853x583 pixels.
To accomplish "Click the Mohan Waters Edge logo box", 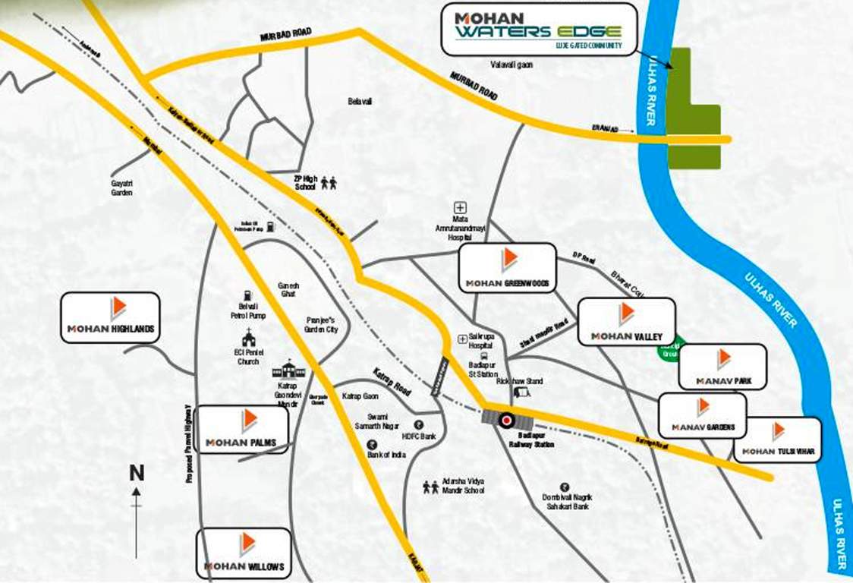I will pyautogui.click(x=538, y=30).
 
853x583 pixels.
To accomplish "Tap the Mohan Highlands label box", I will pyautogui.click(x=110, y=317).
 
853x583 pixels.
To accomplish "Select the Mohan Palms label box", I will pyautogui.click(x=241, y=430).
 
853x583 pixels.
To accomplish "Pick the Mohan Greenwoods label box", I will pyautogui.click(x=508, y=267).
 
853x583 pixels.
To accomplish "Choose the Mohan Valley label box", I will pyautogui.click(x=626, y=321).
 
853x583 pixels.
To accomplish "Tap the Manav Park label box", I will pyautogui.click(x=722, y=367).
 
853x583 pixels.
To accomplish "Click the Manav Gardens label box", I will pyautogui.click(x=702, y=415).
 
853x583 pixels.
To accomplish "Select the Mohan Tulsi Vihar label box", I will pyautogui.click(x=777, y=440).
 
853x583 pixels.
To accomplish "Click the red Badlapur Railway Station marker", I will pyautogui.click(x=505, y=419).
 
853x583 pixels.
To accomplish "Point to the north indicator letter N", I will pyautogui.click(x=137, y=473).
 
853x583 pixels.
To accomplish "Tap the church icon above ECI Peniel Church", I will pyautogui.click(x=247, y=337).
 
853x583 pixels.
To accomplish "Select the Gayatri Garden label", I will pyautogui.click(x=121, y=188).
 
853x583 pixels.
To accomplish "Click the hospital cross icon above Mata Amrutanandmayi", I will pyautogui.click(x=460, y=206).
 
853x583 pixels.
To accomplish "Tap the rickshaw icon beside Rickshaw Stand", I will pyautogui.click(x=522, y=392).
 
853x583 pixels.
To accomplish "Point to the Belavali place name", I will pyautogui.click(x=360, y=101).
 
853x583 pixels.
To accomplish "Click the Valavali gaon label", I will pyautogui.click(x=511, y=65).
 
